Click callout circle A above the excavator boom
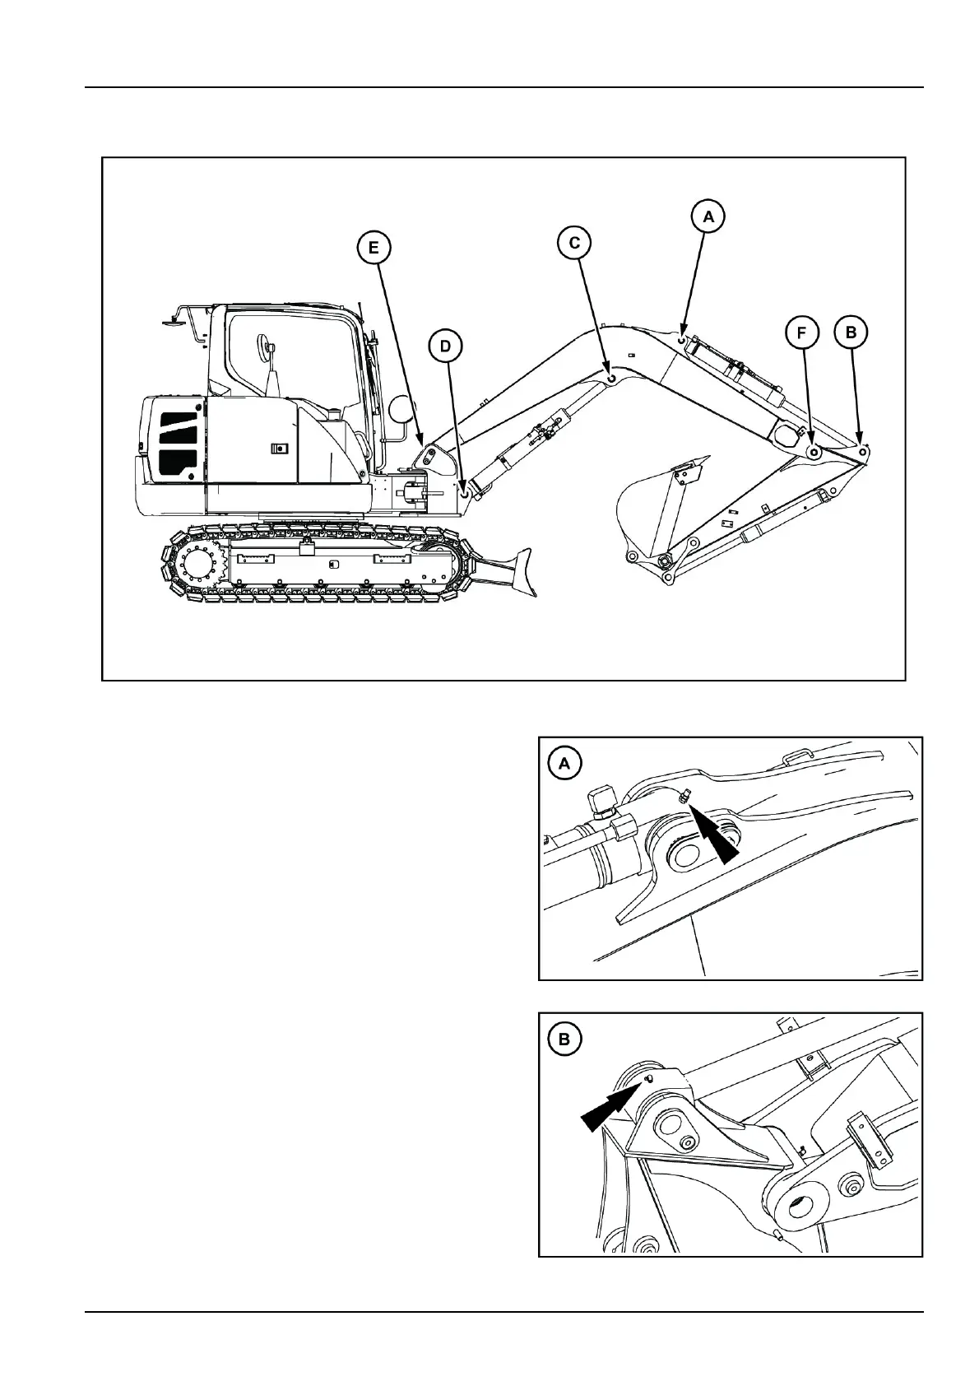(x=708, y=216)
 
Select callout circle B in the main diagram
(x=851, y=333)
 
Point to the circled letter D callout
(x=446, y=346)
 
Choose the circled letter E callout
(x=374, y=247)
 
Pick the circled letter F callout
(x=802, y=333)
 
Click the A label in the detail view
(x=564, y=764)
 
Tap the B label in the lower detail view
(x=564, y=1039)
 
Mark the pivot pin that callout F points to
(x=814, y=452)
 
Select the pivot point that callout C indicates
(x=611, y=377)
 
